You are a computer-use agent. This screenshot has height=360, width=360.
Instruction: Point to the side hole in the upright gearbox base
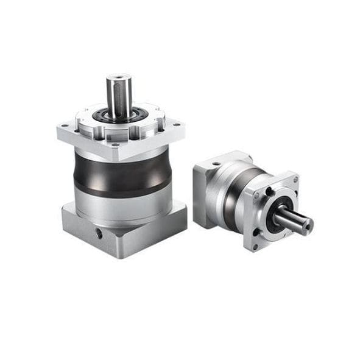(98, 233)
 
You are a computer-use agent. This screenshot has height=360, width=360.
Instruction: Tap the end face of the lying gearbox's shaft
(306, 225)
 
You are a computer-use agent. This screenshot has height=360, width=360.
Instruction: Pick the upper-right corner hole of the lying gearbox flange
(295, 180)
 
